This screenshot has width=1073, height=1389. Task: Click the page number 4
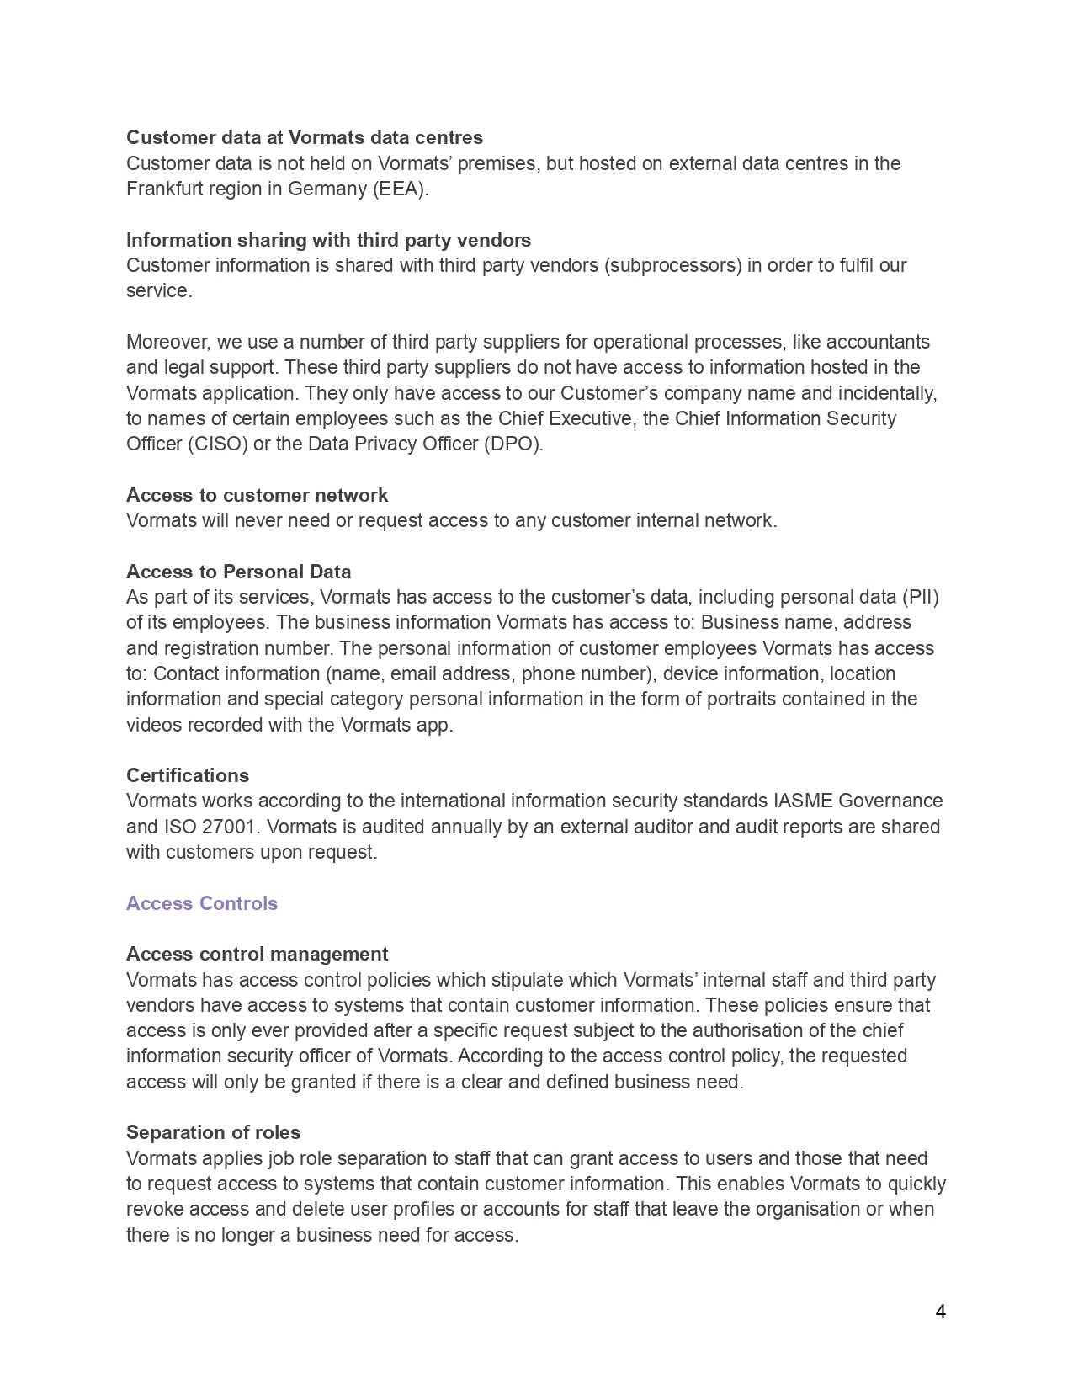(x=940, y=1312)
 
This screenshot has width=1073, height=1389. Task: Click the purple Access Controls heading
(x=202, y=903)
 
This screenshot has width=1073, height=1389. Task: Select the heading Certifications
(x=188, y=775)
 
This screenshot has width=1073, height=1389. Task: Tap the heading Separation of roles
(x=213, y=1132)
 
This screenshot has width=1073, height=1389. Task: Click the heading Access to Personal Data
(x=238, y=572)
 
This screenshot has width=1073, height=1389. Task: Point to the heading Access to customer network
(x=257, y=495)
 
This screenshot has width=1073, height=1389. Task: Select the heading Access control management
(x=257, y=954)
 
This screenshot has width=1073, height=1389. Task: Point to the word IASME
(x=803, y=801)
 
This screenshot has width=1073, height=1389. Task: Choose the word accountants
(x=878, y=342)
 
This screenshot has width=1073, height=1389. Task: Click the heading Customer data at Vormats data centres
(x=305, y=137)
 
